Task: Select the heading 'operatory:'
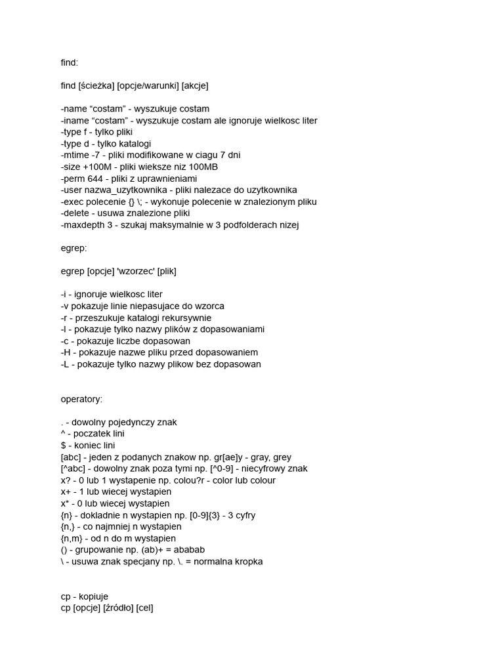82,398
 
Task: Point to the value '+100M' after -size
98,167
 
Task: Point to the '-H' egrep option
66,352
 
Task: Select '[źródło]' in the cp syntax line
118,609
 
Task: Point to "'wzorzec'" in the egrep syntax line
132,270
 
